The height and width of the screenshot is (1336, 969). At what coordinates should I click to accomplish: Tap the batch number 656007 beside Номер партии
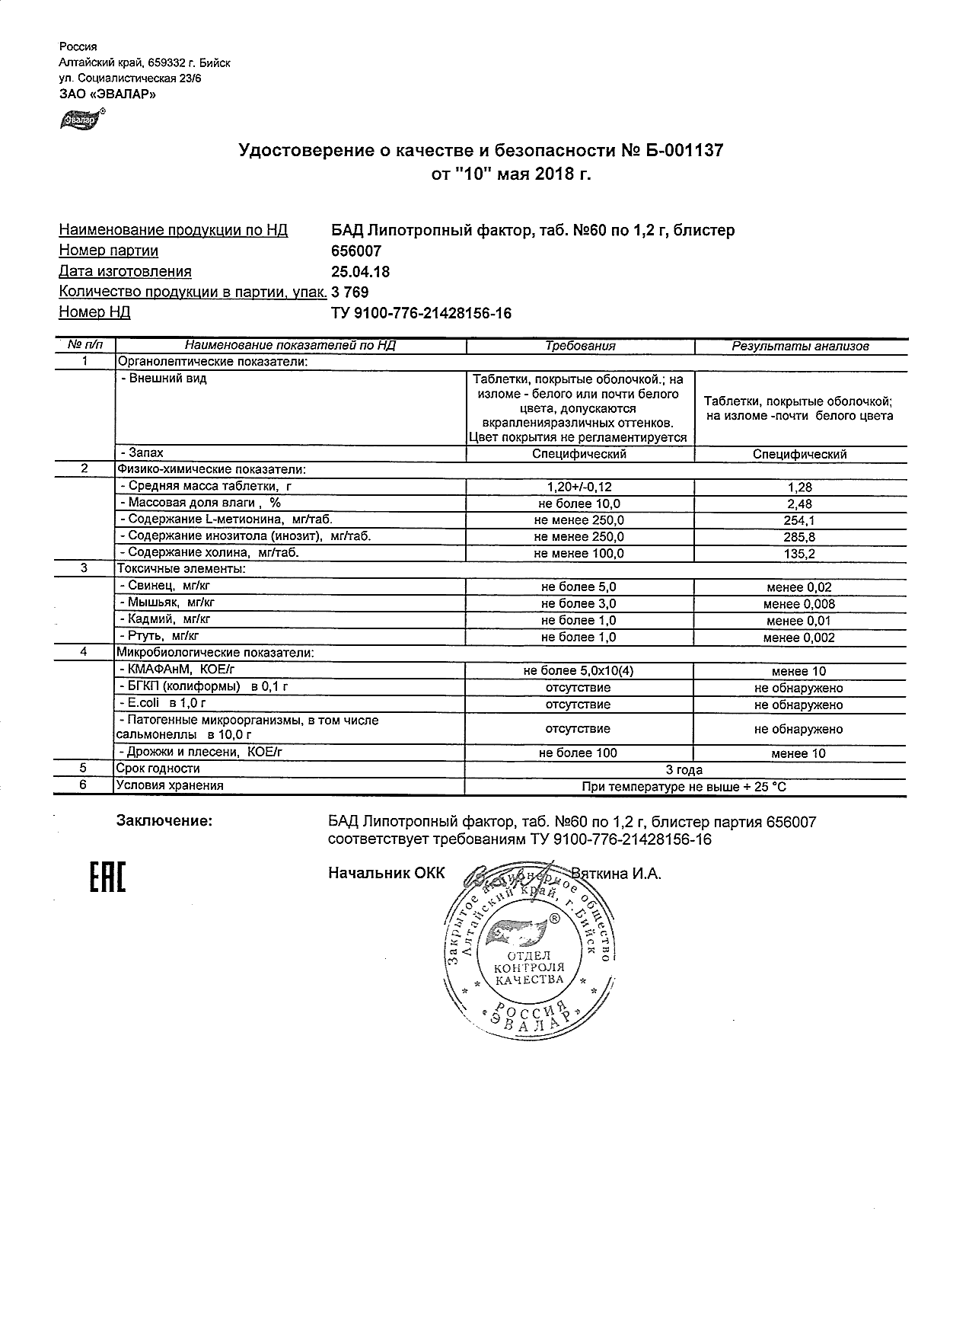(356, 251)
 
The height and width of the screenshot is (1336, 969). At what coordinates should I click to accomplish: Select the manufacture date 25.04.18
(361, 271)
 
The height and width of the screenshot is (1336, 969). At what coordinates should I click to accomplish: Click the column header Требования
(580, 346)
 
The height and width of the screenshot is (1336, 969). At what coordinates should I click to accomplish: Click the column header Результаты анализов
(800, 346)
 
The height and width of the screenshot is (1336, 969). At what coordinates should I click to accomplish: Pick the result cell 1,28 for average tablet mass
(800, 487)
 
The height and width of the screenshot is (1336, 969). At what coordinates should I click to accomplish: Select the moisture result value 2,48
(800, 504)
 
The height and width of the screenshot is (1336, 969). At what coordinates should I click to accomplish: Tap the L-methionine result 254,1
(800, 521)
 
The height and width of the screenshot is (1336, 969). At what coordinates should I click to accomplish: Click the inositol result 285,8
(800, 537)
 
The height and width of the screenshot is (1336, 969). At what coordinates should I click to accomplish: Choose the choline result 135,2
(800, 554)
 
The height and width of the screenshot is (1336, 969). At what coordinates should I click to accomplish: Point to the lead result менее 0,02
(799, 587)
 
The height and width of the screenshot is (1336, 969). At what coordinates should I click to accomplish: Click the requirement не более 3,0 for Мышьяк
(579, 604)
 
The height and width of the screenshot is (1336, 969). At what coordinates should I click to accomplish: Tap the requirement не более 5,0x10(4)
(579, 671)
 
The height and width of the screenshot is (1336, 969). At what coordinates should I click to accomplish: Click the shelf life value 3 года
(684, 770)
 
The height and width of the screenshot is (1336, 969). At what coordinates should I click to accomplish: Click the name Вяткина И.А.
(617, 874)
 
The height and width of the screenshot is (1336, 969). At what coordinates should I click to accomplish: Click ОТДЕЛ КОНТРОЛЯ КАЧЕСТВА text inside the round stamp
(529, 967)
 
